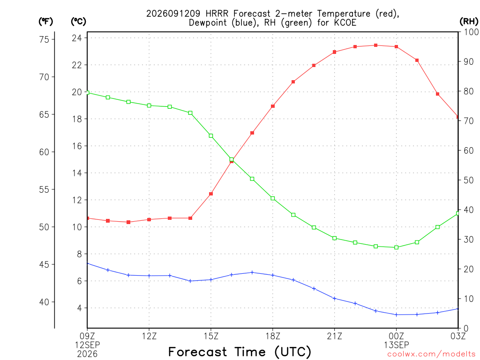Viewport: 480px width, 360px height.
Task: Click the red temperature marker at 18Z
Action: tap(273, 106)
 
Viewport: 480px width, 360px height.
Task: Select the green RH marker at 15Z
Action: tap(211, 135)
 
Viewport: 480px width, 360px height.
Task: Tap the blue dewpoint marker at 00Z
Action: tap(396, 315)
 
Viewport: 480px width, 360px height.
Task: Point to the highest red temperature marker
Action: tap(375, 45)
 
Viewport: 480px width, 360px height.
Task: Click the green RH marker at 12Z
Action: tap(149, 105)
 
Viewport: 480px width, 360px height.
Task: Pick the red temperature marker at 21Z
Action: tap(334, 52)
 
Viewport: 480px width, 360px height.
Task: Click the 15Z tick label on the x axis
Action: tap(211, 336)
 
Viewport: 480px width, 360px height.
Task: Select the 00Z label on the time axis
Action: tap(396, 336)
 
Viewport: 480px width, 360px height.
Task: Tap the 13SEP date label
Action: tap(397, 345)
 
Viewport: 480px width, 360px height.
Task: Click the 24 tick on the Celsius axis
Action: tap(77, 38)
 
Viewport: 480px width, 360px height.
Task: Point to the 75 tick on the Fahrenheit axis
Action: tap(44, 39)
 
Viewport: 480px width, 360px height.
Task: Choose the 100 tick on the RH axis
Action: tap(472, 32)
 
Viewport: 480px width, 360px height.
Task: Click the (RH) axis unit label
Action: tap(469, 21)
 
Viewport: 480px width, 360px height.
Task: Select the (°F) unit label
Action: tap(45, 22)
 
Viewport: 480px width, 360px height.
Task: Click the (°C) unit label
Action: tap(78, 22)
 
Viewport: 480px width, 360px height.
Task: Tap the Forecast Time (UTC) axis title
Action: tap(240, 352)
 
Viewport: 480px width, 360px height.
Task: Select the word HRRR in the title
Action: tap(217, 14)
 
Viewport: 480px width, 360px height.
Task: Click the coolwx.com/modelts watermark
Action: tap(431, 354)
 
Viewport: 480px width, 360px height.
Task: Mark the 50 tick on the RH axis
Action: tap(468, 180)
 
